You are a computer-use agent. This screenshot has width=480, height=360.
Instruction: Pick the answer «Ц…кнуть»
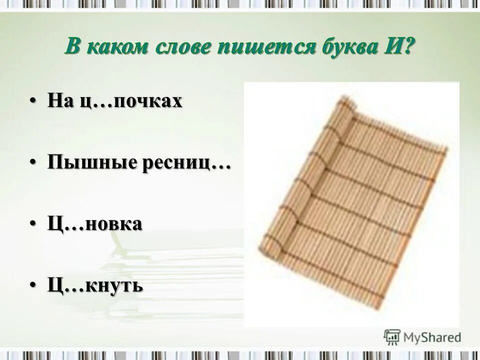pyautogui.click(x=95, y=286)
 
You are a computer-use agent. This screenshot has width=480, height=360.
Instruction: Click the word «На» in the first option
pyautogui.click(x=59, y=101)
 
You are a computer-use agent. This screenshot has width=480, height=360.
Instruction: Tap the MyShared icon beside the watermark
pyautogui.click(x=392, y=336)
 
